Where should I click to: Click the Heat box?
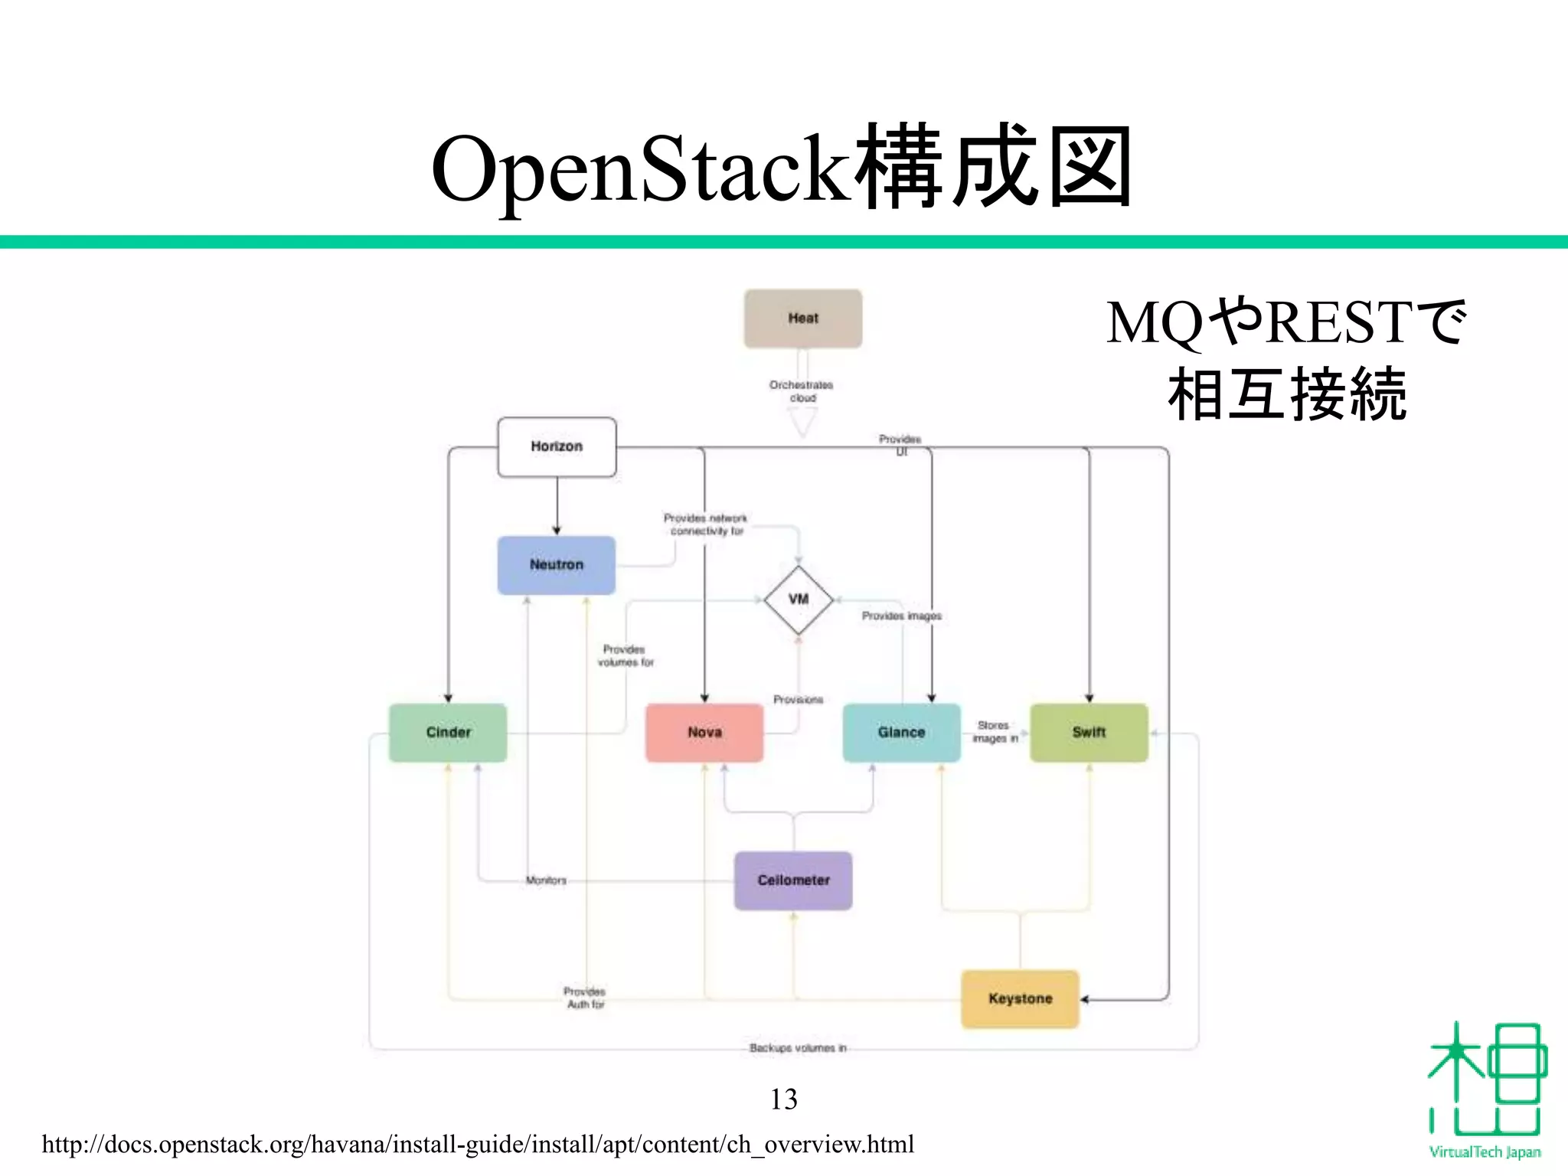(x=802, y=318)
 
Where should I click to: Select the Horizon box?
(x=557, y=446)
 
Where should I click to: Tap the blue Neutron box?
(x=557, y=565)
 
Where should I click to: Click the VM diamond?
(x=799, y=599)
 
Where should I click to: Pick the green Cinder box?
(x=448, y=733)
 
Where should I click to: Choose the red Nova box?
(x=704, y=733)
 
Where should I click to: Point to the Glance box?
(x=901, y=733)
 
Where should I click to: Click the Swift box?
(x=1089, y=733)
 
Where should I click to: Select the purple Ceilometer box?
(x=793, y=880)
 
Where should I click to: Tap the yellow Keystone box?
(x=1020, y=998)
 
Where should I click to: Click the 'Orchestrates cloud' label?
(x=802, y=391)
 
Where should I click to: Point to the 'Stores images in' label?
(x=995, y=732)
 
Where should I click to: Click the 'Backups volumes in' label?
(x=798, y=1048)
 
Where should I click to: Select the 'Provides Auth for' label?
(x=585, y=998)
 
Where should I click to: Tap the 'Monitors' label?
(x=546, y=880)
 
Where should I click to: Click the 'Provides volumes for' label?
(x=626, y=656)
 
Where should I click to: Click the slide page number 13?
(x=783, y=1099)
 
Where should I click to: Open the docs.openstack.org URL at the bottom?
(x=478, y=1145)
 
